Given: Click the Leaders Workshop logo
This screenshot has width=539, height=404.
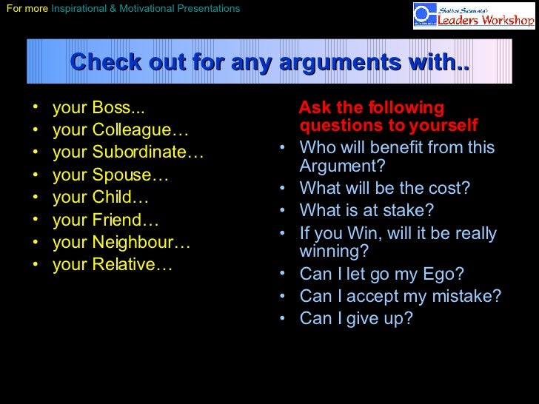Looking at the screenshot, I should pos(473,16).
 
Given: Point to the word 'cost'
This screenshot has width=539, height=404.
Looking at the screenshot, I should pos(443,188).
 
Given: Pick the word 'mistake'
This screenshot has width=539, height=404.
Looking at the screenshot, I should pos(466,296).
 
